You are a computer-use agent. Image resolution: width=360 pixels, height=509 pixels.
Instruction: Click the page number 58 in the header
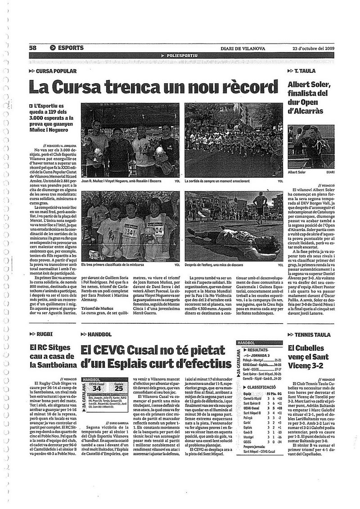coord(32,48)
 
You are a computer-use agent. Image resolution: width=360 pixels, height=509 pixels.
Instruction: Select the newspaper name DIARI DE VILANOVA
coord(243,49)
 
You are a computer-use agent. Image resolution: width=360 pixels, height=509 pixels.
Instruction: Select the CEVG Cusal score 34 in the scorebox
coord(96,388)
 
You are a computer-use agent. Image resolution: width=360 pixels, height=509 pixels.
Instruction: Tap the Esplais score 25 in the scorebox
coord(118,388)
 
